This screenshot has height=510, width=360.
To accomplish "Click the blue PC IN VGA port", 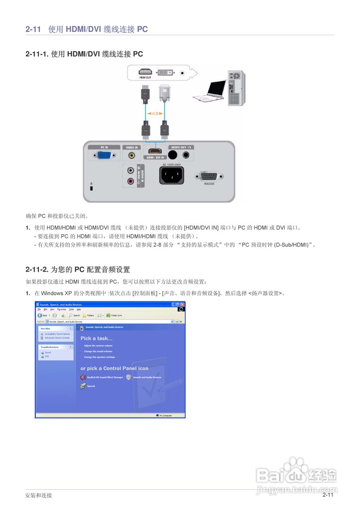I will (x=104, y=155).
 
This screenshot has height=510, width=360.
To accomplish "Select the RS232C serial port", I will (x=209, y=177).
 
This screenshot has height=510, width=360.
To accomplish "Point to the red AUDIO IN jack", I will (x=130, y=182).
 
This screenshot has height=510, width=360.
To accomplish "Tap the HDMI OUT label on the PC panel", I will (x=145, y=78).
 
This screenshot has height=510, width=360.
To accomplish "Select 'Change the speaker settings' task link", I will (x=99, y=357).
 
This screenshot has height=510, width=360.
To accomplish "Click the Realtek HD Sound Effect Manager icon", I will (x=83, y=377).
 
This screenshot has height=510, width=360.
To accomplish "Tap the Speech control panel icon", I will (x=82, y=386).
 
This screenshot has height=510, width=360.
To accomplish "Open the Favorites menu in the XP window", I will (x=61, y=309).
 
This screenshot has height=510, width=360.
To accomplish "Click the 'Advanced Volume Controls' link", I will (x=57, y=338).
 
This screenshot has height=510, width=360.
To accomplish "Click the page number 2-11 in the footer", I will (x=328, y=494).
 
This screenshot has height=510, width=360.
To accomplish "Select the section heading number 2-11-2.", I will (x=37, y=270).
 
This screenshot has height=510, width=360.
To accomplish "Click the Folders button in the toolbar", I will (x=88, y=315).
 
